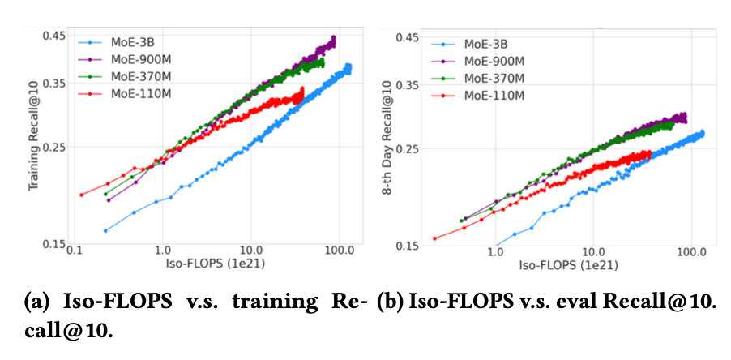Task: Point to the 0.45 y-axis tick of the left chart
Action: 53,36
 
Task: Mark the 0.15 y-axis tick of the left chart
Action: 53,244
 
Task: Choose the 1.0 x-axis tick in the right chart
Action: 495,253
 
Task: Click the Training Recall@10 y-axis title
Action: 34,138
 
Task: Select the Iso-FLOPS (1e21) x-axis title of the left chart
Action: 210,266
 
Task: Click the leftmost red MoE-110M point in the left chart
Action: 82,195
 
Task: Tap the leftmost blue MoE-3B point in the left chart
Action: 105,230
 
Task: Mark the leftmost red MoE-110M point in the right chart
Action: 435,238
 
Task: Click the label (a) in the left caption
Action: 43,302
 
